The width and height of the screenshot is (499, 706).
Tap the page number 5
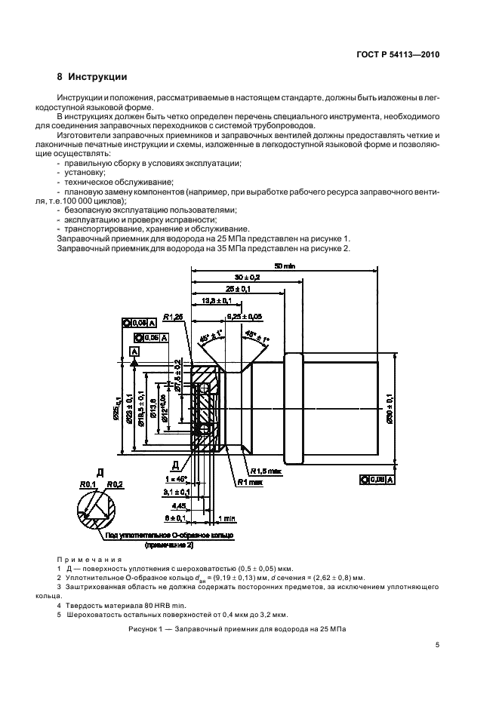437,644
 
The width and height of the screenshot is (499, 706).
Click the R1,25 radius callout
174,317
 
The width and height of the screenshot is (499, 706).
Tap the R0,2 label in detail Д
115,484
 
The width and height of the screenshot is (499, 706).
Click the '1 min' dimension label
225,518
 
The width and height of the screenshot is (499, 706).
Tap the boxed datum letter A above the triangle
134,351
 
